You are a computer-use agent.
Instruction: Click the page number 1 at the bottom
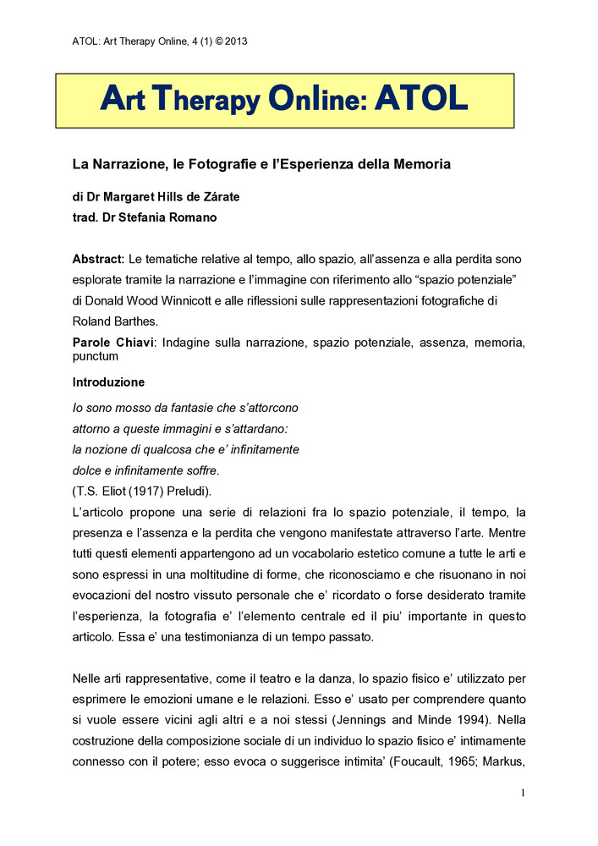pos(524,793)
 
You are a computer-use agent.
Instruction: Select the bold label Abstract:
pos(99,257)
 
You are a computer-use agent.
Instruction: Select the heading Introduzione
pos(108,382)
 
